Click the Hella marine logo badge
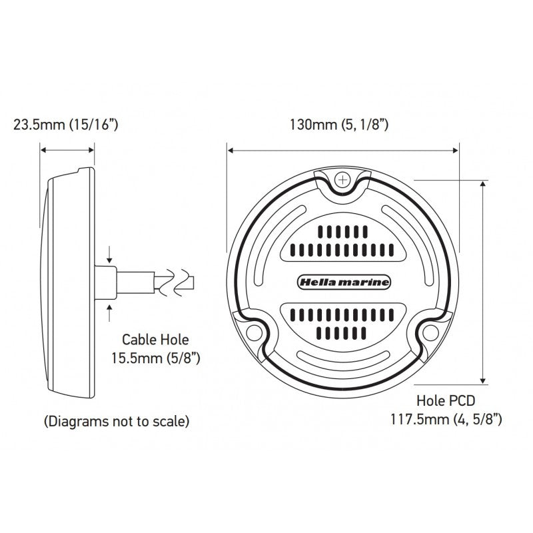tap(342, 282)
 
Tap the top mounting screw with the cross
tap(343, 179)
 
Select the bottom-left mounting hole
tap(253, 333)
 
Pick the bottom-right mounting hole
tap(432, 333)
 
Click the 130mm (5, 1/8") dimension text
tap(338, 124)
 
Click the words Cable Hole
tap(157, 338)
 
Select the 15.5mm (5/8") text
tap(157, 358)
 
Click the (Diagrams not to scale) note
tap(116, 421)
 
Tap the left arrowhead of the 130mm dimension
tap(230, 151)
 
